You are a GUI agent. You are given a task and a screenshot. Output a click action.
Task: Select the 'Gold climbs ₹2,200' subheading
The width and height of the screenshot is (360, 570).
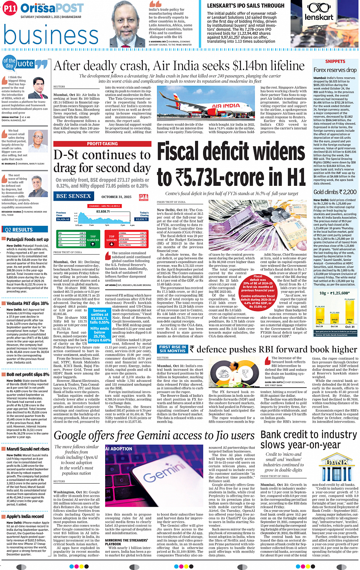(x=335, y=192)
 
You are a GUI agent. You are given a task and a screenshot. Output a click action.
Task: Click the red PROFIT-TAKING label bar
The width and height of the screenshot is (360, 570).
(x=102, y=144)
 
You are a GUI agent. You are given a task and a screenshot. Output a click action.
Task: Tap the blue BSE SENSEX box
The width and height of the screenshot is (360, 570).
(x=74, y=196)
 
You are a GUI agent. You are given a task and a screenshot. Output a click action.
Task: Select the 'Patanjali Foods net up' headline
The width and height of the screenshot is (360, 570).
(x=27, y=239)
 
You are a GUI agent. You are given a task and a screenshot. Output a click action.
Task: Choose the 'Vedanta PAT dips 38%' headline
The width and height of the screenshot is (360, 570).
(x=27, y=303)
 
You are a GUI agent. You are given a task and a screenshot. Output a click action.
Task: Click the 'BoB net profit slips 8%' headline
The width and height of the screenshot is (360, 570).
(x=27, y=375)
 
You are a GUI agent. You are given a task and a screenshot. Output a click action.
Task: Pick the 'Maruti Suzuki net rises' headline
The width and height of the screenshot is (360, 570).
(x=28, y=449)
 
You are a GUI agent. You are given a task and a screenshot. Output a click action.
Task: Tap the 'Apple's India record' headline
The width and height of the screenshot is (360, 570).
(x=25, y=516)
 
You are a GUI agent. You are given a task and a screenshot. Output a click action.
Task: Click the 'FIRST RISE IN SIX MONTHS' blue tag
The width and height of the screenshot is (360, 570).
(x=173, y=349)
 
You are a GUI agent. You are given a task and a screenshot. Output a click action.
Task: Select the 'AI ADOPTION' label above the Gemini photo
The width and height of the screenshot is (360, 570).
(x=118, y=449)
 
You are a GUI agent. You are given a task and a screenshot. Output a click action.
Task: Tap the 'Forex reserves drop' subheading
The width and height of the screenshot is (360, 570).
(x=335, y=70)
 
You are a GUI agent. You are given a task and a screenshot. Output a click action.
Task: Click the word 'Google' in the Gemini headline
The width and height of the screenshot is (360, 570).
(x=75, y=436)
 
